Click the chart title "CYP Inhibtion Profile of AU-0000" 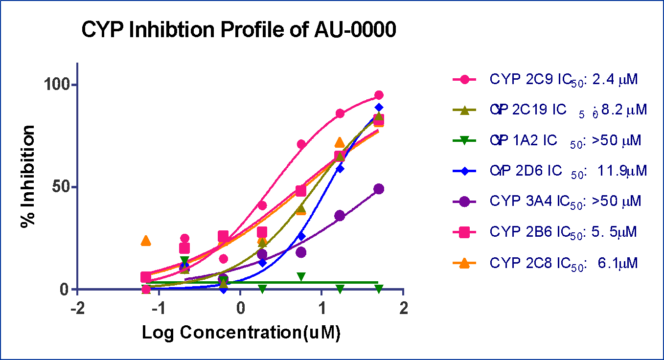coord(238,30)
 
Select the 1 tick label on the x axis coord(321,310)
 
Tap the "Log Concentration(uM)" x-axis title coord(241,333)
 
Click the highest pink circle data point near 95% coord(379,95)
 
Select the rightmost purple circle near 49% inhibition coord(378,189)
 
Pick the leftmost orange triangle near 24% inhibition coord(145,241)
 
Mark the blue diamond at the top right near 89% coord(379,108)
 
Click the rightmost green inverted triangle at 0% coord(379,289)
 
